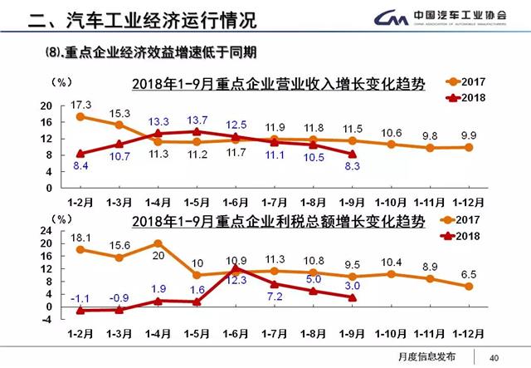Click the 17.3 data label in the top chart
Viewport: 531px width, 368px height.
click(x=80, y=103)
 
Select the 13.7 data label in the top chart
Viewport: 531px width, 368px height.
click(x=197, y=120)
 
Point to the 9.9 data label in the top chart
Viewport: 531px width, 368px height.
click(x=469, y=135)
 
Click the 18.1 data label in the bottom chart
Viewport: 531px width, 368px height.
click(x=80, y=236)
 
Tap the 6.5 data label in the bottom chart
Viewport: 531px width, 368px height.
click(x=469, y=272)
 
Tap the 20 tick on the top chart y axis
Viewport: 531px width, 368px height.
click(x=46, y=106)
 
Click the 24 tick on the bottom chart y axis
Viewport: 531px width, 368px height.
click(x=46, y=232)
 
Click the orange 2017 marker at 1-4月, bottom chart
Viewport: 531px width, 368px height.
click(x=158, y=244)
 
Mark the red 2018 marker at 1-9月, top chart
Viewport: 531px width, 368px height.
click(x=352, y=154)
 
